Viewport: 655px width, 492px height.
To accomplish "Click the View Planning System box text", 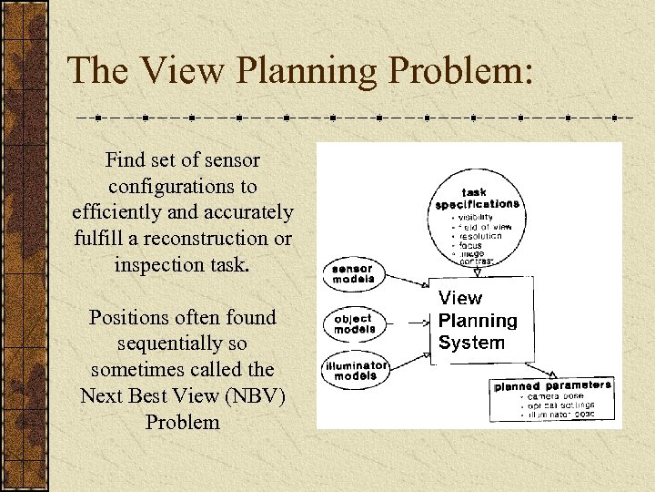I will coord(477,321).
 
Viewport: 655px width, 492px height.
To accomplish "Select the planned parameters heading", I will coord(552,386).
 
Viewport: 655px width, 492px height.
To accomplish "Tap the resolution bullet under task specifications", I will coord(480,236).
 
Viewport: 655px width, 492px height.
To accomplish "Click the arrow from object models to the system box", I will coord(408,322).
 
